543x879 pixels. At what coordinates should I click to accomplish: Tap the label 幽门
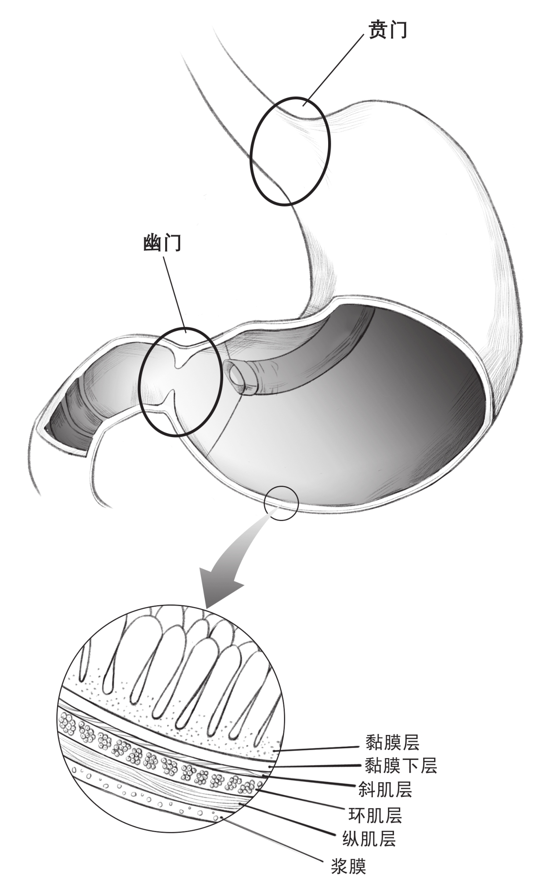tap(162, 243)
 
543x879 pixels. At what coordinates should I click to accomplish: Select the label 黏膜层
tap(393, 742)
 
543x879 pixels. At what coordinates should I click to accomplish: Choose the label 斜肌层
tap(385, 789)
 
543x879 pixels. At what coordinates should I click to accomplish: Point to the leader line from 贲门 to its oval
tap(335, 69)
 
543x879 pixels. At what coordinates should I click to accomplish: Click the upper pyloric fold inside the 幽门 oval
tap(182, 356)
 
